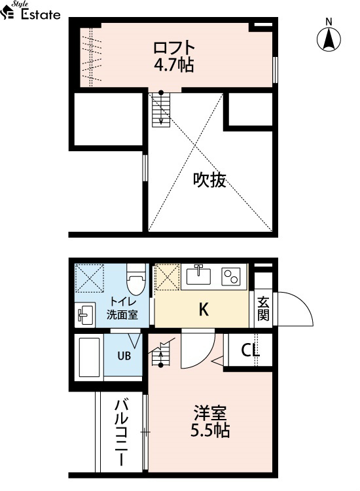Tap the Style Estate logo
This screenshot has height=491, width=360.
[30, 10]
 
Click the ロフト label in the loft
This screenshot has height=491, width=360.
[174, 48]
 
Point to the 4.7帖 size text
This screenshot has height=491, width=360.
[173, 65]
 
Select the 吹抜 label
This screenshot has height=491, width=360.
[209, 180]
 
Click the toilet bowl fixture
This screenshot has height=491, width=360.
[136, 280]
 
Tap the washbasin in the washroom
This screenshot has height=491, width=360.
[85, 315]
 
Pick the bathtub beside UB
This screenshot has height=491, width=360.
[89, 357]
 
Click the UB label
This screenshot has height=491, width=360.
[124, 356]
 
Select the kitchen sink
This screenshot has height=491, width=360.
[198, 276]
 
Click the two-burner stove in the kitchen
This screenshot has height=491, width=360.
[231, 276]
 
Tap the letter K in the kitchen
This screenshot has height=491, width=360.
[204, 310]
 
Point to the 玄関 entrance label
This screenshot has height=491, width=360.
[263, 309]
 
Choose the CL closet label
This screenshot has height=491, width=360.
[251, 351]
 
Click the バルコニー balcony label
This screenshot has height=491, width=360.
[122, 433]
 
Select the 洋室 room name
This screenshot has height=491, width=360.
[209, 413]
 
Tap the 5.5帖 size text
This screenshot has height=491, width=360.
[210, 431]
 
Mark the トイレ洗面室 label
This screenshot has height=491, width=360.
[122, 308]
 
